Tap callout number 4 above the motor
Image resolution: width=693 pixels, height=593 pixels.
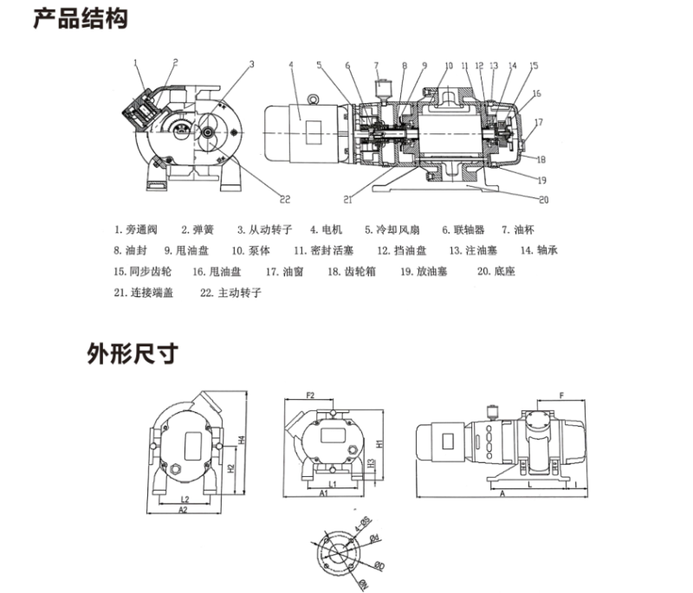click(x=291, y=64)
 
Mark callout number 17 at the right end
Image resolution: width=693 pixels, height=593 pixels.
click(x=538, y=122)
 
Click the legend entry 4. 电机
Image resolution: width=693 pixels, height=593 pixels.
click(x=326, y=230)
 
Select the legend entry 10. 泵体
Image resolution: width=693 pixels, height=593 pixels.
click(x=251, y=251)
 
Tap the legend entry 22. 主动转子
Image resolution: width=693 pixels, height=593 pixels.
click(x=230, y=293)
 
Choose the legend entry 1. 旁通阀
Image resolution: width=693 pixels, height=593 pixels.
click(x=136, y=230)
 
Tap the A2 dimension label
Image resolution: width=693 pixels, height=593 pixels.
click(x=183, y=511)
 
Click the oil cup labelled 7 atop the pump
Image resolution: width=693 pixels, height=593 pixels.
click(x=380, y=87)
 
